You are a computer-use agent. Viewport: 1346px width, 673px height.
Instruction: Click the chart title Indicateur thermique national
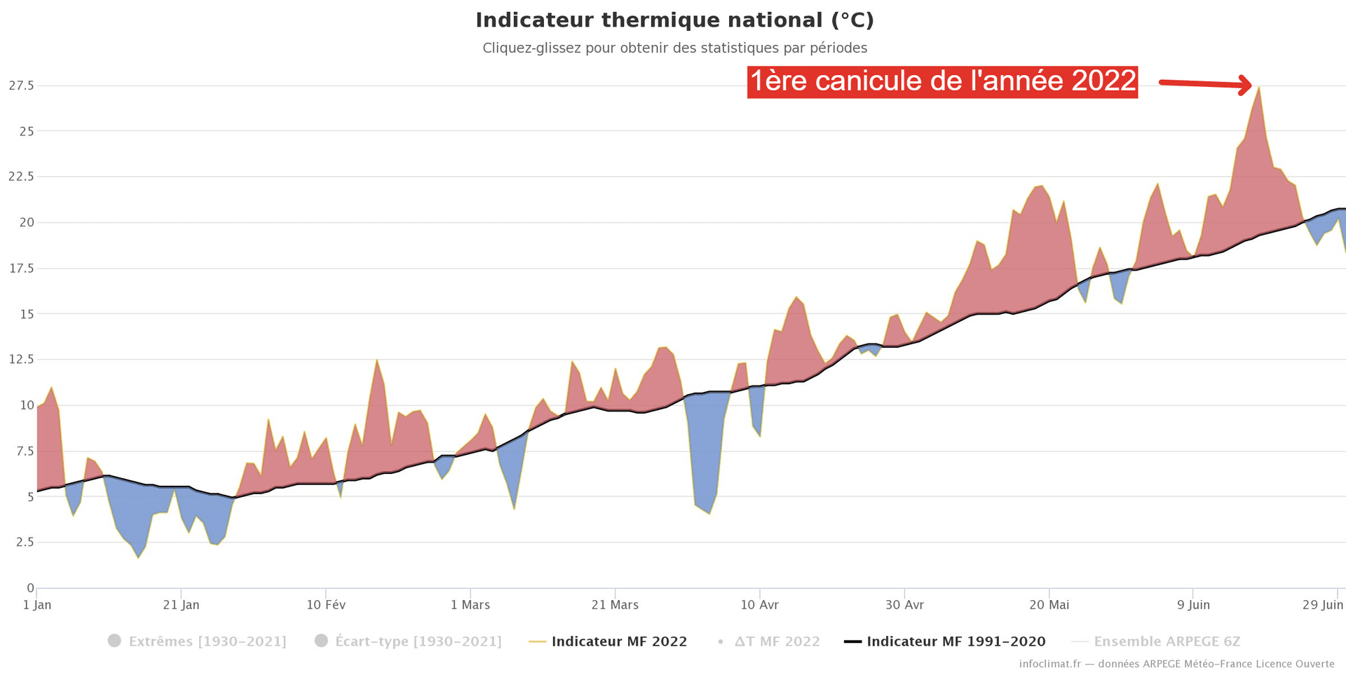(674, 20)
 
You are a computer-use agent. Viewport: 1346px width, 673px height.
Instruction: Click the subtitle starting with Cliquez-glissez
(674, 48)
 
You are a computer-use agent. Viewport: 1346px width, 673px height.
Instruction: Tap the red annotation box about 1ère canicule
(942, 81)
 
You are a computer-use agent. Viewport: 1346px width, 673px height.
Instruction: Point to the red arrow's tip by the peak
(1250, 86)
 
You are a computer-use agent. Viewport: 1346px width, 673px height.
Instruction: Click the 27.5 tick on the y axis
(21, 86)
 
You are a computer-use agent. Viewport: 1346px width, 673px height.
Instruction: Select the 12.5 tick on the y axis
(21, 360)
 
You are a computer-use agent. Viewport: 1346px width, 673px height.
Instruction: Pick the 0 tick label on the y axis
(30, 588)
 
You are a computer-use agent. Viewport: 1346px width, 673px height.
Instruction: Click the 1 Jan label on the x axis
(37, 605)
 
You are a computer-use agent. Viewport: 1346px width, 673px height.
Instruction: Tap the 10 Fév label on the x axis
(326, 605)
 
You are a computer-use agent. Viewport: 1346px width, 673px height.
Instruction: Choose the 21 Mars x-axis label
(615, 605)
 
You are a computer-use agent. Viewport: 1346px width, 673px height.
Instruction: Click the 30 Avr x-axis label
(904, 605)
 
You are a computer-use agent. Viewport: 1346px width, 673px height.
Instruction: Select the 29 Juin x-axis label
(1323, 605)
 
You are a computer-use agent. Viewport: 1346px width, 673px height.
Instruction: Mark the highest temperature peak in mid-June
(1259, 88)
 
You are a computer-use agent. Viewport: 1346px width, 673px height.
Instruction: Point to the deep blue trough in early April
(709, 512)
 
